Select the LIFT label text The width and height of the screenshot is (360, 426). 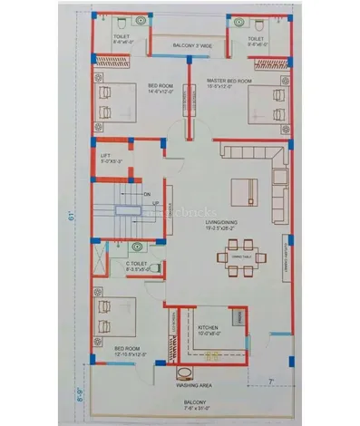[105, 156]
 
